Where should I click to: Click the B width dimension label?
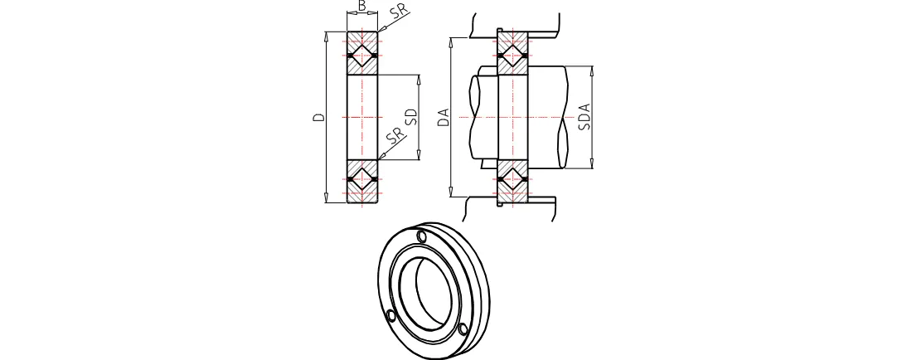click(x=362, y=7)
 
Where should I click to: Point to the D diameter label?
click(x=318, y=118)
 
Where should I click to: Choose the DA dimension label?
click(x=444, y=117)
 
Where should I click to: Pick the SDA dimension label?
click(x=584, y=116)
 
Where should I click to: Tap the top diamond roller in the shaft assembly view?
click(x=513, y=56)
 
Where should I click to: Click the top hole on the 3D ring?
click(x=422, y=238)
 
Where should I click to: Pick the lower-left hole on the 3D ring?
click(x=390, y=315)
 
